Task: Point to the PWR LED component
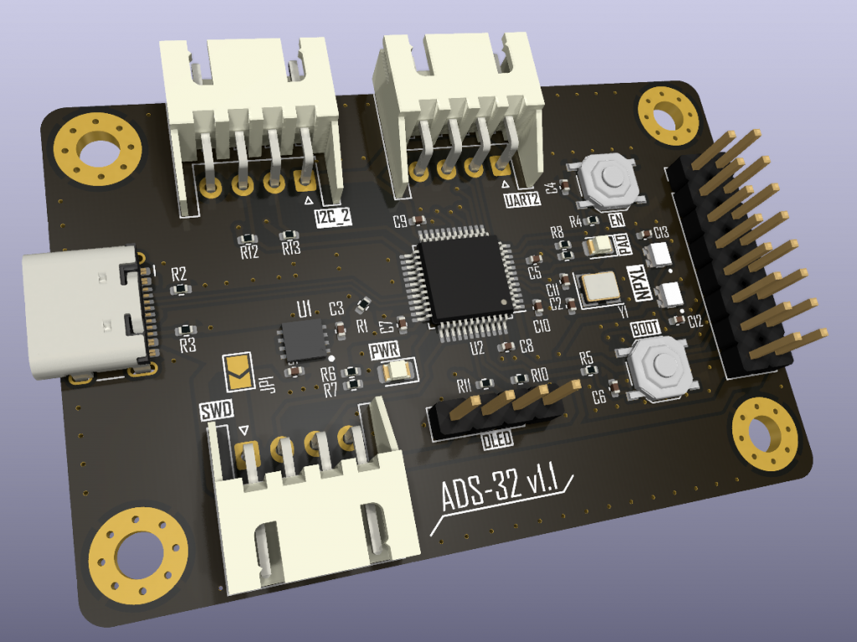[x=397, y=370]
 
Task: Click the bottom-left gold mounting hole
[x=138, y=553]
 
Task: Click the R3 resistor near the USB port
[x=185, y=331]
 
